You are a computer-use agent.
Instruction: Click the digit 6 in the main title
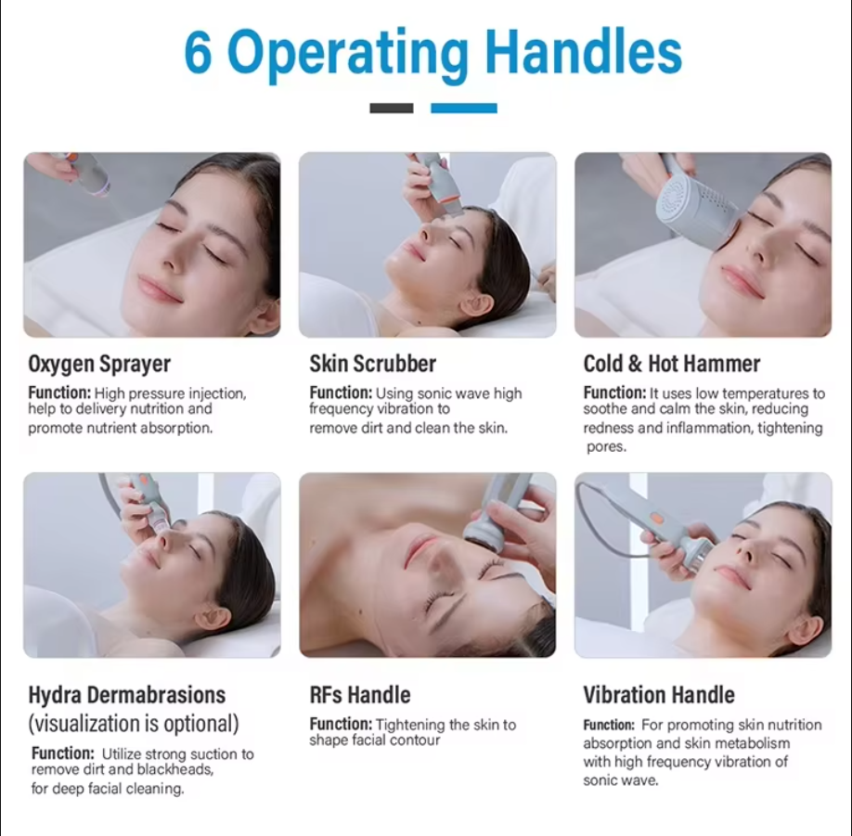198,52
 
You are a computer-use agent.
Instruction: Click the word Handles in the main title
583,51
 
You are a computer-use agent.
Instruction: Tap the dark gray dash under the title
392,109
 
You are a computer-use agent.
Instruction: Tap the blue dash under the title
463,109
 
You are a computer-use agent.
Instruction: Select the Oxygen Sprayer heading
99,364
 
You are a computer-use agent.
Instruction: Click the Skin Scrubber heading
373,364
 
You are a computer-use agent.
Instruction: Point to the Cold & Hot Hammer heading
672,364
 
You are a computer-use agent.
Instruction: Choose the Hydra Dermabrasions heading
127,695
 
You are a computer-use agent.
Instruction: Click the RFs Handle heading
360,695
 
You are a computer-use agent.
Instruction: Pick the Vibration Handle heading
659,695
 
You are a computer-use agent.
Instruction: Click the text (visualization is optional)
134,724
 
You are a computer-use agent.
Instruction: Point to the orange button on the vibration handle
656,518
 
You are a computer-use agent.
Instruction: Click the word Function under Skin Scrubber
341,392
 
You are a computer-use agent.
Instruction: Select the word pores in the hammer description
606,447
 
